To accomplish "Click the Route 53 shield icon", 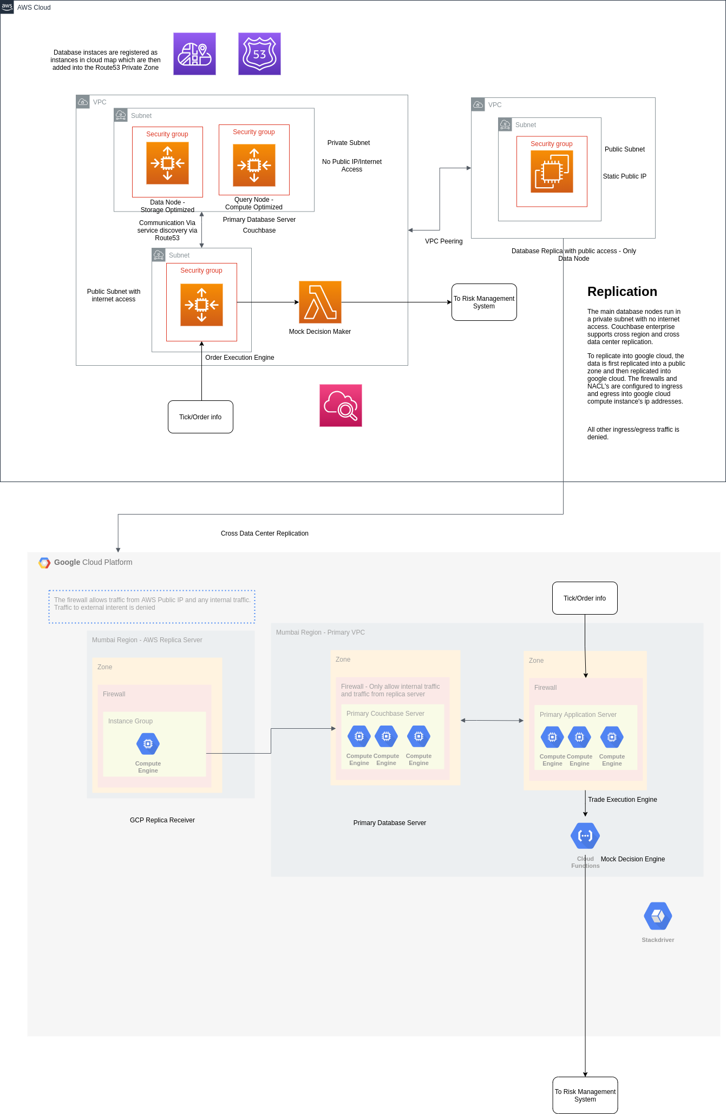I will [259, 54].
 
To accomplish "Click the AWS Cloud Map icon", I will [194, 54].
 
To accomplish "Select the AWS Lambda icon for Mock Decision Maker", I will [320, 302].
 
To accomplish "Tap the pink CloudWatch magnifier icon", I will [341, 405].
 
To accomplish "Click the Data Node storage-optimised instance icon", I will [167, 163].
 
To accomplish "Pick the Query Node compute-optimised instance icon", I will [254, 165].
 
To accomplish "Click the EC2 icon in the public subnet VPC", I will [552, 172].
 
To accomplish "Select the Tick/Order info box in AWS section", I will [200, 417].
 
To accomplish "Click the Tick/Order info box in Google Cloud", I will [585, 598].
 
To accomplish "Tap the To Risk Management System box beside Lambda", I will [484, 302].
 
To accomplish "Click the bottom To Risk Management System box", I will [585, 1095].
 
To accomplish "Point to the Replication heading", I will [622, 292].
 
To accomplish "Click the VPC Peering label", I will [443, 241].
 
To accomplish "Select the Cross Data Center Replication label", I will [264, 533].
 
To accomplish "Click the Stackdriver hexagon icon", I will [658, 916].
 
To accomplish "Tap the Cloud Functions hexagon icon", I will [585, 836].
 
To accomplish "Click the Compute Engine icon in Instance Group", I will [148, 744].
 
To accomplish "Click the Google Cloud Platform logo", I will [44, 563].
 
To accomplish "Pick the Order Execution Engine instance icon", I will [201, 305].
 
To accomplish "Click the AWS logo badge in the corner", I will [7, 7].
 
